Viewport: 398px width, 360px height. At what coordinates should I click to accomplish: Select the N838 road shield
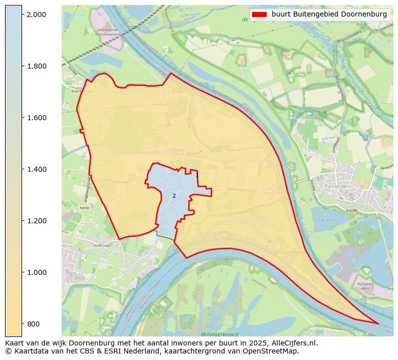point(84,207)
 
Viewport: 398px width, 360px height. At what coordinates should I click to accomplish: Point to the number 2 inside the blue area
point(174,196)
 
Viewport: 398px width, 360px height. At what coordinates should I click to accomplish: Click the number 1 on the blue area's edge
point(197,176)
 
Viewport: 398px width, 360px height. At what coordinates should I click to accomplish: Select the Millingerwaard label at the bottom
point(219,334)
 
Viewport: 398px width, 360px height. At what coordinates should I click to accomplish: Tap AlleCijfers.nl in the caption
point(292,343)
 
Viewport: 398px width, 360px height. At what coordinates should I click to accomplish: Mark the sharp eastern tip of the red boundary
point(378,323)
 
